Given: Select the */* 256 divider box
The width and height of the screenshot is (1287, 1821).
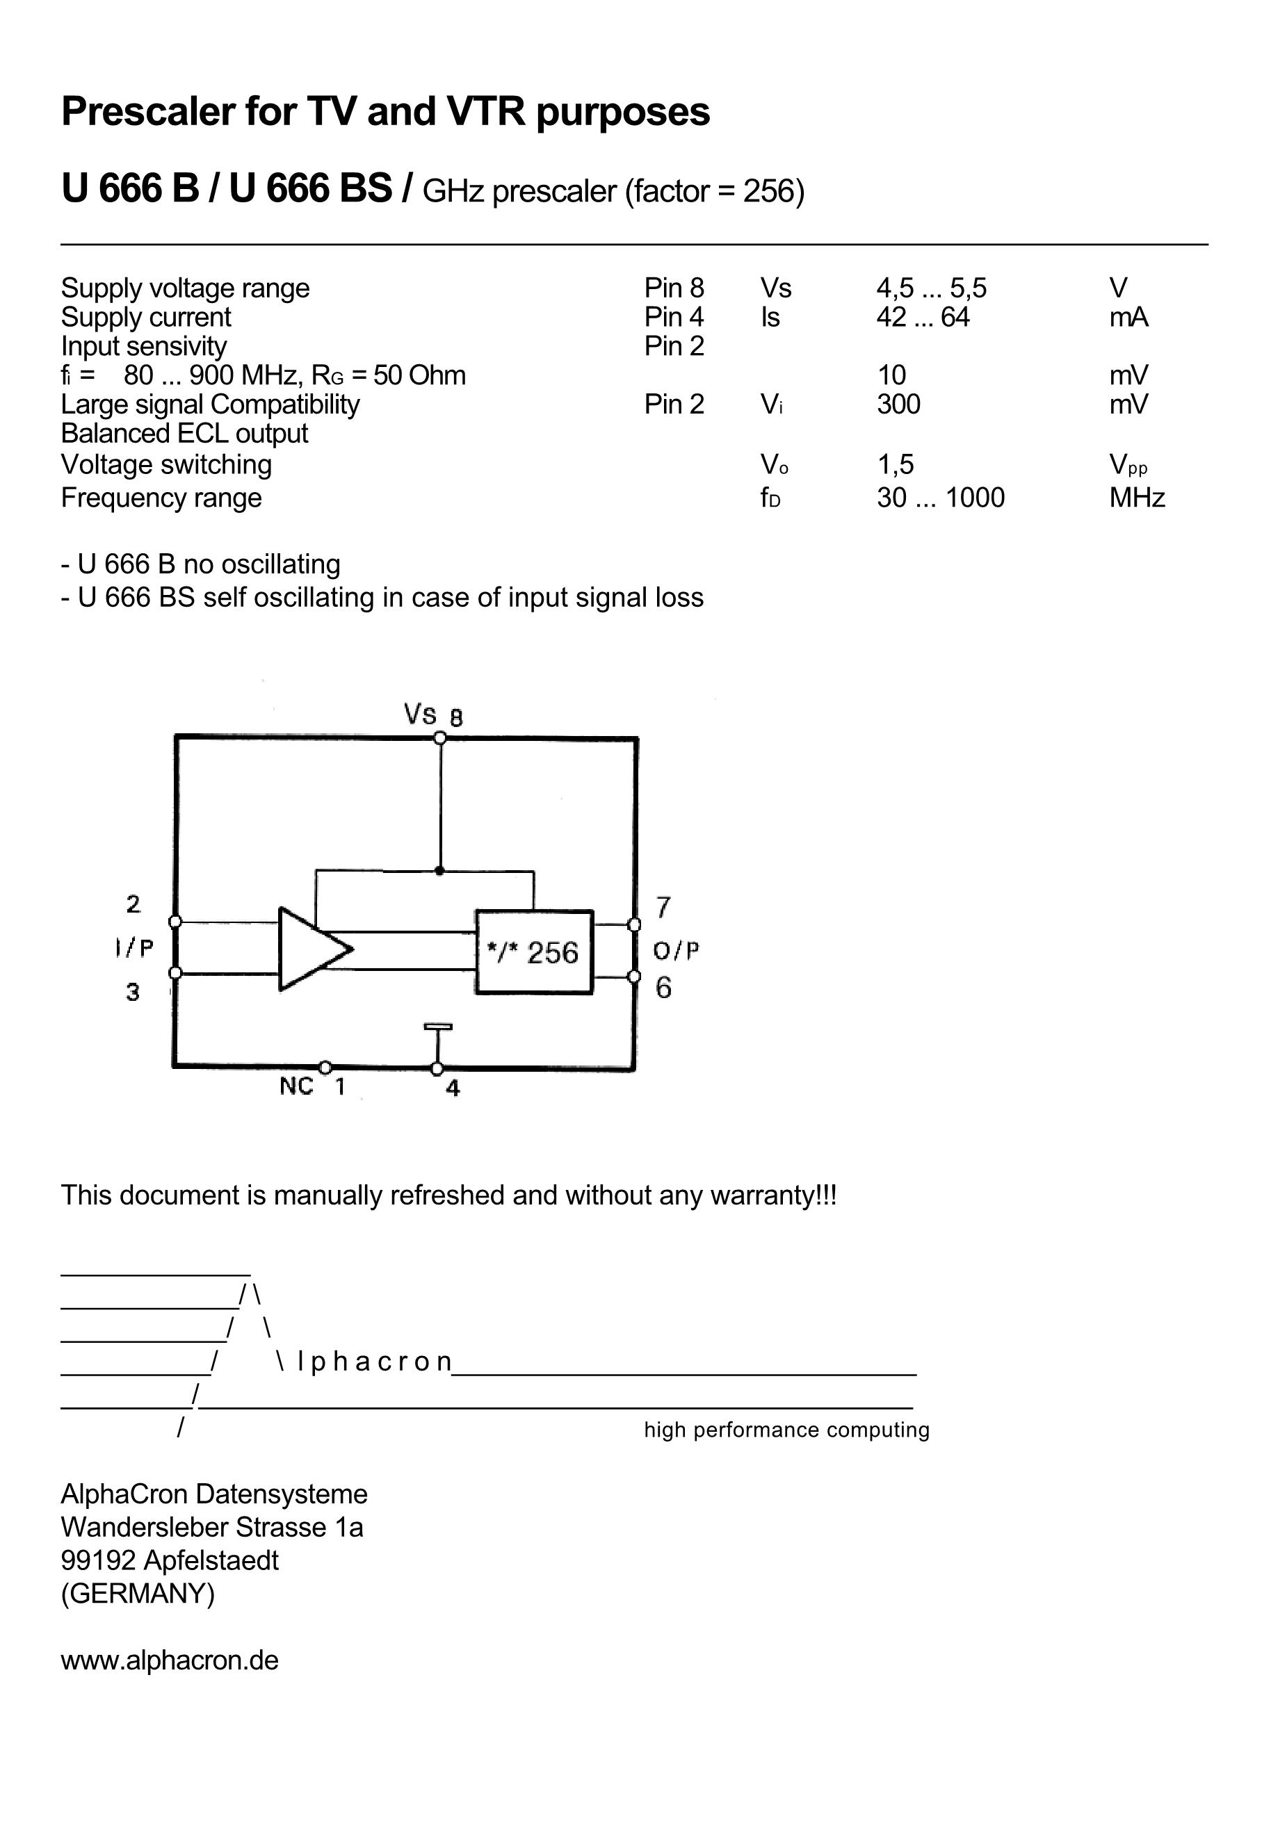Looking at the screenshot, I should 534,952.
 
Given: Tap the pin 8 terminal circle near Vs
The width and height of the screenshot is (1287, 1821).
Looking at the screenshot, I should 439,738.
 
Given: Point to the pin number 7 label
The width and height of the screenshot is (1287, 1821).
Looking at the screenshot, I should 663,906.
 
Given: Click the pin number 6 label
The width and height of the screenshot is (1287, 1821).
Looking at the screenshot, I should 663,988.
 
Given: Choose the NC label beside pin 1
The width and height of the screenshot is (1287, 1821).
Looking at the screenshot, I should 296,1086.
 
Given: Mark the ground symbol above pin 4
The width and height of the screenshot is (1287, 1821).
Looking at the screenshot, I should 437,1029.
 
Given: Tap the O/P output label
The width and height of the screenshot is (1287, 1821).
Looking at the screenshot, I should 676,950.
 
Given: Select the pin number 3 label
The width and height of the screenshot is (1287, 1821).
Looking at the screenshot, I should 133,991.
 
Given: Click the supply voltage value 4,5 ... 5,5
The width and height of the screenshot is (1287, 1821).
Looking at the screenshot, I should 931,288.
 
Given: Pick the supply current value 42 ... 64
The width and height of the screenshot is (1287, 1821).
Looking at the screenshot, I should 923,317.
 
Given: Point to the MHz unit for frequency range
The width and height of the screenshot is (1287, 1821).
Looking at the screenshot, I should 1136,498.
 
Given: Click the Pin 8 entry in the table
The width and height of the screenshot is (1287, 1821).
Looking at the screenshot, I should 674,288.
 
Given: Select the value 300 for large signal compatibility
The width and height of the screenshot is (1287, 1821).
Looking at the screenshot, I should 898,405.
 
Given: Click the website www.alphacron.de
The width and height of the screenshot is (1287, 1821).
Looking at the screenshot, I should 170,1660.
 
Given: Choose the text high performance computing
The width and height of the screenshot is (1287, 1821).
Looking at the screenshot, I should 786,1430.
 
